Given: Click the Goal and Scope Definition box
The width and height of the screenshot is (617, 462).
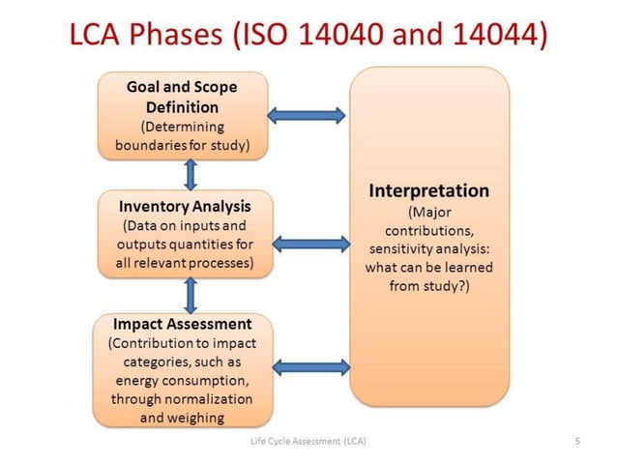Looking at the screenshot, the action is click(182, 115).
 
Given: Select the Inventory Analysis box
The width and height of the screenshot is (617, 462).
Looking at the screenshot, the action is click(184, 234).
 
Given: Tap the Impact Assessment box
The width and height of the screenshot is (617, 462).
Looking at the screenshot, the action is click(182, 371).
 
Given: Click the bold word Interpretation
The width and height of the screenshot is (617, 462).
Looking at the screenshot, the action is click(429, 190).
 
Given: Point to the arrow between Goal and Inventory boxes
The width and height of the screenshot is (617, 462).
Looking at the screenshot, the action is click(191, 174).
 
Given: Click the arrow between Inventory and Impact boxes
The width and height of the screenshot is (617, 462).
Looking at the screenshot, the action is click(191, 295).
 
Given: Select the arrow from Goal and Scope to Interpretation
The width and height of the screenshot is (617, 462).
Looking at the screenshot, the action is click(307, 115).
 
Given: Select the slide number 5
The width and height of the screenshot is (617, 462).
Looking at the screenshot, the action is click(577, 442).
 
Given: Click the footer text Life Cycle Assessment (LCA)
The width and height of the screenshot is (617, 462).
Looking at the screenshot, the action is click(308, 442).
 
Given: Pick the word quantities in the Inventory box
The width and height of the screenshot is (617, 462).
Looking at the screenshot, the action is click(203, 244).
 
